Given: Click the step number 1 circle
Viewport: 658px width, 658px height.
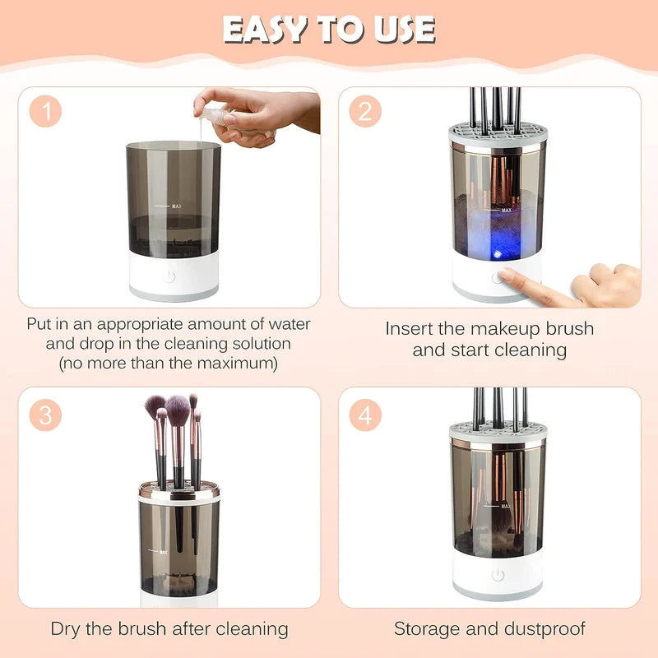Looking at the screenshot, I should click(x=46, y=113).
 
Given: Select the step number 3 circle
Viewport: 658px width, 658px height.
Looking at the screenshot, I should click(x=46, y=415).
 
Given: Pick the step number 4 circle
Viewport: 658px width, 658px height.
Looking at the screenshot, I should click(x=365, y=415).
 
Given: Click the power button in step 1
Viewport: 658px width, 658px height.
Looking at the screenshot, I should click(x=169, y=276).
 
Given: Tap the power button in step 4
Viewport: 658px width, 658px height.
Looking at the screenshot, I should click(x=498, y=575).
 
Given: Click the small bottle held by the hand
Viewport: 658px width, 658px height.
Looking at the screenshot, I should click(x=212, y=115).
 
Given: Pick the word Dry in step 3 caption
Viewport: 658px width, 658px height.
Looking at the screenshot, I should click(x=67, y=629).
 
